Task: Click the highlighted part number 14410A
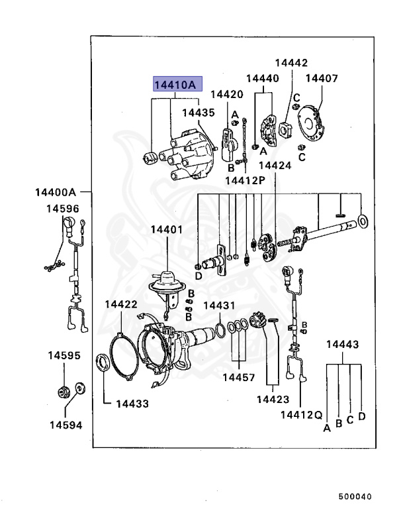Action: click(175, 85)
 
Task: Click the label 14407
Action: click(322, 79)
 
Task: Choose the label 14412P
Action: click(244, 180)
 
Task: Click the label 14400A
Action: click(56, 193)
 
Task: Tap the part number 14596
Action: click(62, 209)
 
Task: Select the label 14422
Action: click(121, 304)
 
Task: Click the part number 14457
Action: click(238, 377)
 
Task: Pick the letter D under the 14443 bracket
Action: click(362, 416)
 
